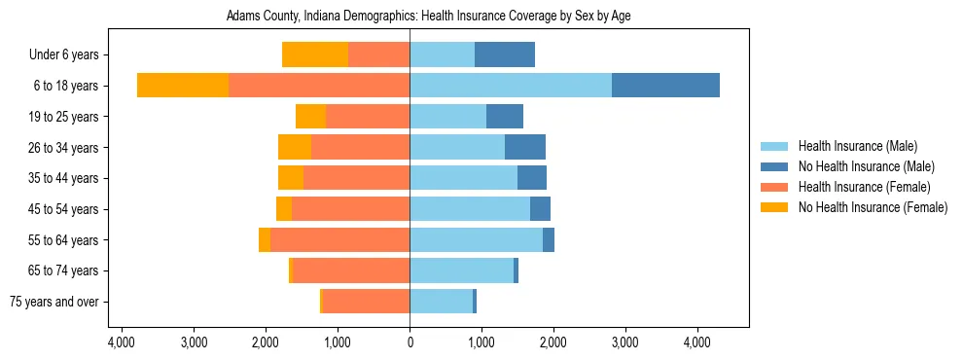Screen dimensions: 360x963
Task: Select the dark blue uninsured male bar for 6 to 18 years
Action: pos(665,86)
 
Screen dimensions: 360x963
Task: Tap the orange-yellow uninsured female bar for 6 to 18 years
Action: pos(183,86)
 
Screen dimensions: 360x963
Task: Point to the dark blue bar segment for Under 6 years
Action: pos(504,55)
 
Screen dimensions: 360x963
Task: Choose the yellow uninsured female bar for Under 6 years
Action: pos(315,55)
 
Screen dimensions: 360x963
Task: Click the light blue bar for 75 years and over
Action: pos(441,302)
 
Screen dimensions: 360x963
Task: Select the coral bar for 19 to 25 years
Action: pos(368,117)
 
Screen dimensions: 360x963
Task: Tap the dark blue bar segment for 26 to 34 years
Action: pos(525,148)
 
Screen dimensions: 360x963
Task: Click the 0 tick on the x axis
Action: pos(410,342)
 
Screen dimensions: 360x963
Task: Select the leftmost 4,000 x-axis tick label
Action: pos(121,342)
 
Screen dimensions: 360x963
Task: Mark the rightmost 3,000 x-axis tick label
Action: pos(624,342)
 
